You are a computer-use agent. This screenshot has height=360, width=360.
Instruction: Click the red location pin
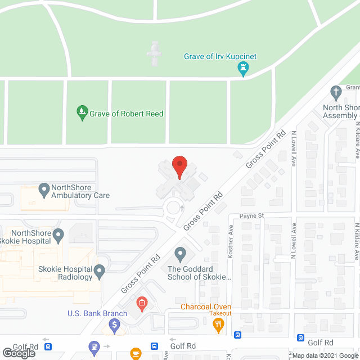pyautogui.click(x=179, y=167)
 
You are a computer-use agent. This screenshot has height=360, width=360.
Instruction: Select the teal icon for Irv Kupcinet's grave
pyautogui.click(x=244, y=70)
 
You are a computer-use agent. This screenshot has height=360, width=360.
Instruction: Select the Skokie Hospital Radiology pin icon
pyautogui.click(x=100, y=272)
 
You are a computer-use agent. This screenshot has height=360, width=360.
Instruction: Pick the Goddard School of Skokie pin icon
pyautogui.click(x=180, y=254)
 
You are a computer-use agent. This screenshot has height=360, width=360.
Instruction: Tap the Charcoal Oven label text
pyautogui.click(x=206, y=307)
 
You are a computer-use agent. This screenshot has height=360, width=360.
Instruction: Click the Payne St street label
pyautogui.click(x=251, y=215)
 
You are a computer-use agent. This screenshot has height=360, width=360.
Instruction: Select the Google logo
pyautogui.click(x=19, y=353)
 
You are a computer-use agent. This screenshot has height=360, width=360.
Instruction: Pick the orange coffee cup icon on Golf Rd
pyautogui.click(x=135, y=353)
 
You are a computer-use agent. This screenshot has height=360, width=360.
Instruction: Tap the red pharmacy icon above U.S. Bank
pyautogui.click(x=142, y=304)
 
